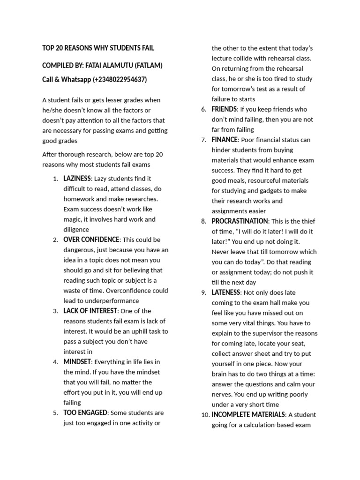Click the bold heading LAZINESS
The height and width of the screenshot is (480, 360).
click(77, 179)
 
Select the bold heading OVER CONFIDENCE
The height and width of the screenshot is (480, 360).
click(92, 240)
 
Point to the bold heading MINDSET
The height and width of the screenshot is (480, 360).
click(77, 362)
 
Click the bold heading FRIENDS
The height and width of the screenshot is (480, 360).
click(224, 109)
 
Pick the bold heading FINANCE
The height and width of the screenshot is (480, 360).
click(225, 140)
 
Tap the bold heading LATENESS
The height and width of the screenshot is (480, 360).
click(226, 292)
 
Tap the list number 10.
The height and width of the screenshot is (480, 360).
click(205, 415)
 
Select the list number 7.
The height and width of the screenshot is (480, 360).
click(204, 140)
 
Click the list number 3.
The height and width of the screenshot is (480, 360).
click(55, 311)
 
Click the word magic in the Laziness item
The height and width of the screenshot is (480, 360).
click(73, 219)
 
